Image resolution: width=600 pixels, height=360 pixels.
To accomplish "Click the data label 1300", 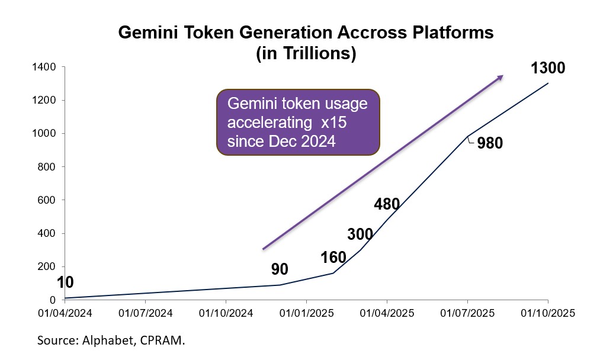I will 548,68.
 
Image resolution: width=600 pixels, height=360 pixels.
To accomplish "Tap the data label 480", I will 387,205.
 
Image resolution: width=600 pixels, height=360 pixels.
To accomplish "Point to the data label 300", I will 360,234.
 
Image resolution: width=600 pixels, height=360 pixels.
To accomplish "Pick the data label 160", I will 333,258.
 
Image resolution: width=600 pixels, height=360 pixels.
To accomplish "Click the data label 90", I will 280,269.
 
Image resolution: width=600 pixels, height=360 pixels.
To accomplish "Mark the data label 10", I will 65,282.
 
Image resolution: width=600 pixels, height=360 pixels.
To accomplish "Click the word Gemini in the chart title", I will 147,33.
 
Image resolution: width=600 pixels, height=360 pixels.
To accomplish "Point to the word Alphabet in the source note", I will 99,341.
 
